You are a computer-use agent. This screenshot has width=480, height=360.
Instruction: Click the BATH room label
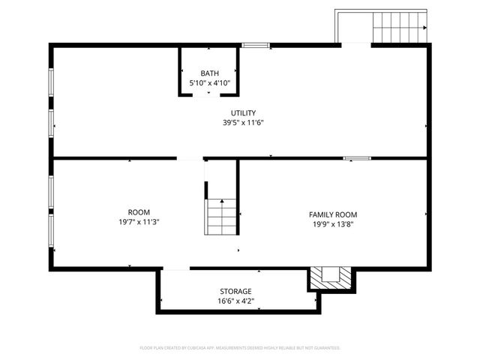(x=209, y=73)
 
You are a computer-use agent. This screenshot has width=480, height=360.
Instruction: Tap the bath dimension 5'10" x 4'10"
(x=209, y=82)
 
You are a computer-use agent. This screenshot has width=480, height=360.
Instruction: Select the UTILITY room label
(x=243, y=112)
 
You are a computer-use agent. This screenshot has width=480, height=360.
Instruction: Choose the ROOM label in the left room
(x=139, y=212)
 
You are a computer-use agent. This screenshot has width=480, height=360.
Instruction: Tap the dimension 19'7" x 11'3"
(x=139, y=222)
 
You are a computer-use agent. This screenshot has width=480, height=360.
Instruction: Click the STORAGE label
(x=235, y=291)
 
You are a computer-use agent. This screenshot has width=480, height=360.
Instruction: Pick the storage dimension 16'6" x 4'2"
(x=235, y=301)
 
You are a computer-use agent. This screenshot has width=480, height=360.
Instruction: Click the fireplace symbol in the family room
(x=330, y=277)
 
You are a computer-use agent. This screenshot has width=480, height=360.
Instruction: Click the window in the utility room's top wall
(x=256, y=46)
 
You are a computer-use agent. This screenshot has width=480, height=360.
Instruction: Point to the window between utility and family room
(x=357, y=158)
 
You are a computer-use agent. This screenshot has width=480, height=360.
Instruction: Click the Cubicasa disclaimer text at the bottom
(x=240, y=348)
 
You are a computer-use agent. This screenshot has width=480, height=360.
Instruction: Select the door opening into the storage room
(x=176, y=268)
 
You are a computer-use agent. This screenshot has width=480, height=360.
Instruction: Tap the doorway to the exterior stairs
(x=355, y=45)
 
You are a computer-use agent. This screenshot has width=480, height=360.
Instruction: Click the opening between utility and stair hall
(x=190, y=158)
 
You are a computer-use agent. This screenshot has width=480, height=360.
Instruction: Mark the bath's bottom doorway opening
(x=209, y=94)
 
